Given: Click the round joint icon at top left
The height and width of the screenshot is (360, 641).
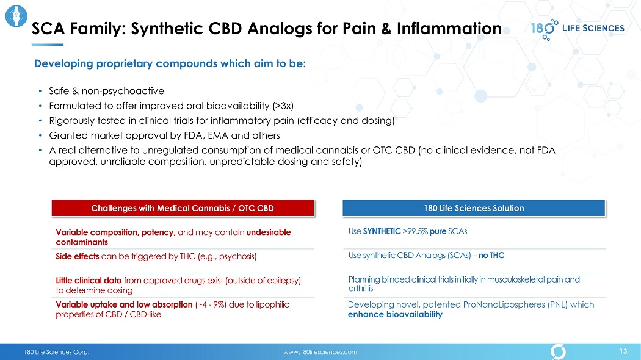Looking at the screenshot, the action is pyautogui.click(x=16, y=16).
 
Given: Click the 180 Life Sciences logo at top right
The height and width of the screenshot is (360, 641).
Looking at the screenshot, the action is pyautogui.click(x=578, y=29).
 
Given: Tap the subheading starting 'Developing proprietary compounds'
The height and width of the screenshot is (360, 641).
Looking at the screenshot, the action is pyautogui.click(x=170, y=63).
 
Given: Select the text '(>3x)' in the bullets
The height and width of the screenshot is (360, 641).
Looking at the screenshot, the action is pyautogui.click(x=283, y=106).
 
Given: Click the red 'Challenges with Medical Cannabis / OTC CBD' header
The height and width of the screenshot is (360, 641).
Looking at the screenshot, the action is pyautogui.click(x=183, y=208).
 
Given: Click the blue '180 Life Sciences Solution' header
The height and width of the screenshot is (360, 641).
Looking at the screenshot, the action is pyautogui.click(x=474, y=208).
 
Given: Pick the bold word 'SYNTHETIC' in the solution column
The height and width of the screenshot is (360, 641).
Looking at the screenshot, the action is pyautogui.click(x=382, y=231).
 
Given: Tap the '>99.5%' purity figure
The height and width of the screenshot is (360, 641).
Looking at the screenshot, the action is pyautogui.click(x=415, y=231).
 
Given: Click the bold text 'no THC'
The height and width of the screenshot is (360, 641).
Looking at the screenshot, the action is pyautogui.click(x=491, y=256).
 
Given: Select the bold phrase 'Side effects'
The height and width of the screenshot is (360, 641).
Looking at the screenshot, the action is pyautogui.click(x=78, y=256).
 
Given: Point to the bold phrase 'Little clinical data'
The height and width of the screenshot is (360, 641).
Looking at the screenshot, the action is pyautogui.click(x=89, y=280).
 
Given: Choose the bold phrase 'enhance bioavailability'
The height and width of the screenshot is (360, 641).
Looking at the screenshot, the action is pyautogui.click(x=396, y=315).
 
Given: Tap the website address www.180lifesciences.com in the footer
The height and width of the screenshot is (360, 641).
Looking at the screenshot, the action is pyautogui.click(x=320, y=352).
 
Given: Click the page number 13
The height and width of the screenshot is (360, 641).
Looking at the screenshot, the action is pyautogui.click(x=623, y=351).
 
